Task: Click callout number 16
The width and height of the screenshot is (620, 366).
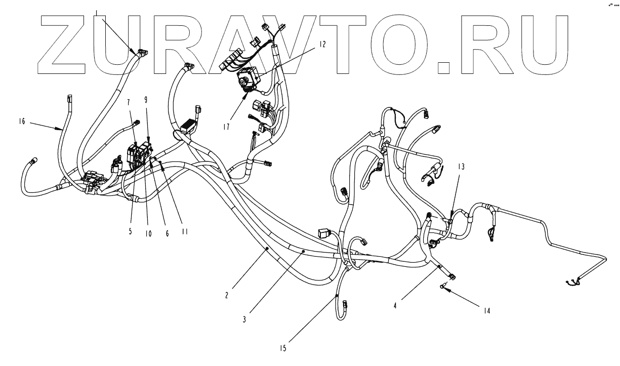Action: click(21, 122)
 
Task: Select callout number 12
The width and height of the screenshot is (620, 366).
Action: click(322, 44)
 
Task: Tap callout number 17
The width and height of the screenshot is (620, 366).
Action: click(226, 127)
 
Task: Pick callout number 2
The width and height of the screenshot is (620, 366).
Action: click(227, 294)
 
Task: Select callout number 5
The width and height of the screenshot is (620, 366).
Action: click(130, 231)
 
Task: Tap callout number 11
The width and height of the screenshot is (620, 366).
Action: click(184, 231)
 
